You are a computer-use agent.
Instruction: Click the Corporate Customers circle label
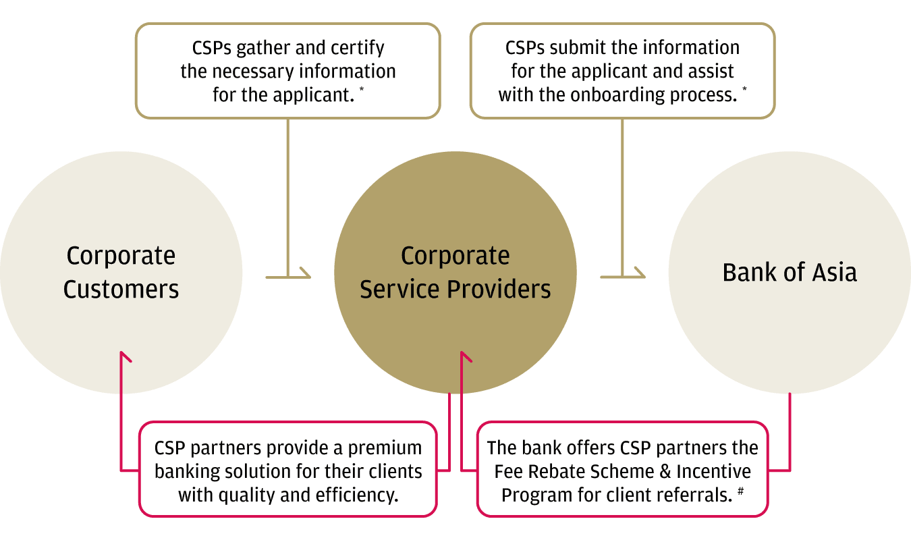pos(121,272)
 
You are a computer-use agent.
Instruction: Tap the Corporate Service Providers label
pos(455,272)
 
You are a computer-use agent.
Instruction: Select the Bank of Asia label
pos(790,273)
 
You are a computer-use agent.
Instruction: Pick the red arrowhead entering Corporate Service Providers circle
pos(462,355)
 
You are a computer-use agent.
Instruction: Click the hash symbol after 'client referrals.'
pos(740,491)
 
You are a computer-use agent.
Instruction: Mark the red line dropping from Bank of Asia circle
pos(790,432)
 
